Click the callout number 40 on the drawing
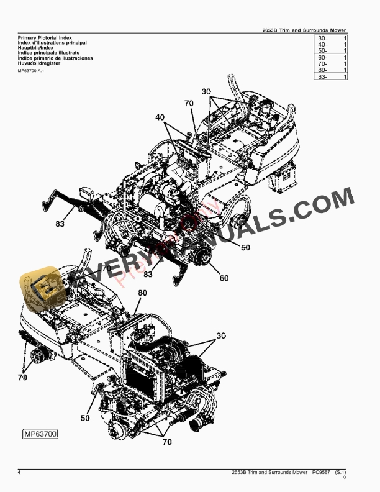[x=160, y=117]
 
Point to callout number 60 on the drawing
[x=224, y=278]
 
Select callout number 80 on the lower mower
[x=142, y=293]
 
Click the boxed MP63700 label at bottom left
[x=40, y=433]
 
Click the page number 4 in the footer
[x=19, y=473]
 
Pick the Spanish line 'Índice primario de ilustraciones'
[x=56, y=58]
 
